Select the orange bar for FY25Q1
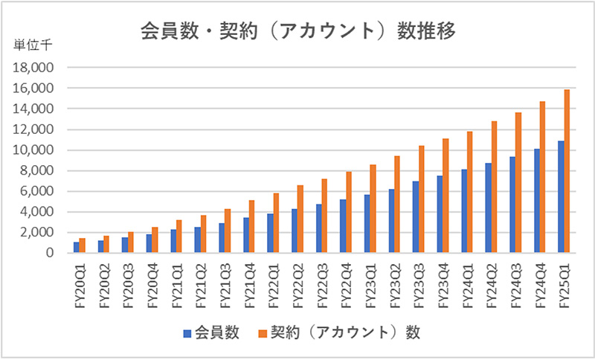pos(567,171)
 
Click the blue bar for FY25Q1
pos(561,197)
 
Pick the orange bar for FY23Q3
pos(422,199)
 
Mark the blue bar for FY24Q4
pos(537,201)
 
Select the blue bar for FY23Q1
pos(367,224)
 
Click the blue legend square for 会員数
pos(187,330)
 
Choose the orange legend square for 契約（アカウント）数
pos(261,330)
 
